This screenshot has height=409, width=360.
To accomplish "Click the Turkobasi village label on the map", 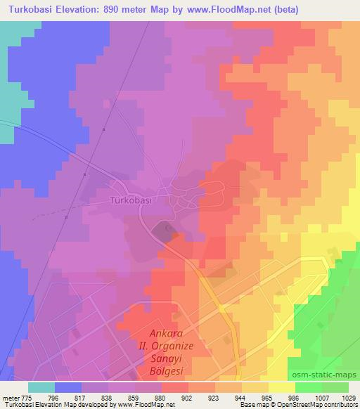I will coord(131,200).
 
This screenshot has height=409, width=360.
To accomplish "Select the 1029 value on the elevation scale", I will coord(347,398).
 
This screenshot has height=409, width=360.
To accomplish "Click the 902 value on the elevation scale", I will coord(188,398).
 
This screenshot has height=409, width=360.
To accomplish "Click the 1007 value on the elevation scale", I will coord(321,398).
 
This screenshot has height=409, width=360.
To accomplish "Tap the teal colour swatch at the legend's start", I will coord(41,387).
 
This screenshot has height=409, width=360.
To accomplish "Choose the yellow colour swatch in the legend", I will coord(281,387).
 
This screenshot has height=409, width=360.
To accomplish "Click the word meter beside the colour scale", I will coord(10,398).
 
